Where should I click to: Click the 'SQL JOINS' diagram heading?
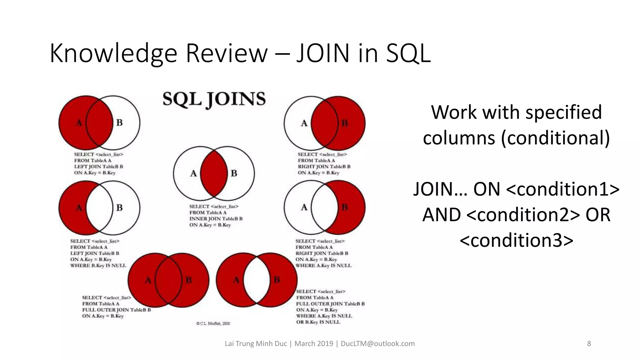click(214, 99)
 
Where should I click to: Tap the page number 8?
click(589, 344)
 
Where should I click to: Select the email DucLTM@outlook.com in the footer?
click(377, 344)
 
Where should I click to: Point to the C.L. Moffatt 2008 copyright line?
click(213, 324)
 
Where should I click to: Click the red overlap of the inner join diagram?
click(214, 174)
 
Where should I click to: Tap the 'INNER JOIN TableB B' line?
click(216, 219)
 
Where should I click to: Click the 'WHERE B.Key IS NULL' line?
click(98, 266)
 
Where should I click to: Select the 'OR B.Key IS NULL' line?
click(318, 322)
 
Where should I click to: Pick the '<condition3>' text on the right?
click(517, 240)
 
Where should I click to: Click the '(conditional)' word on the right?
click(555, 138)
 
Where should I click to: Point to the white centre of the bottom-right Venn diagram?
click(257, 280)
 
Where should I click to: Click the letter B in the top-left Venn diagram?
click(119, 123)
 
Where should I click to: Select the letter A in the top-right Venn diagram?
click(304, 123)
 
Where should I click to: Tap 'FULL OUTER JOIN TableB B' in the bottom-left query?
click(117, 310)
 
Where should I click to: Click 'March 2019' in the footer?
click(314, 344)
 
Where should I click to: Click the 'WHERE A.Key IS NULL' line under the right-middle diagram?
click(323, 266)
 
